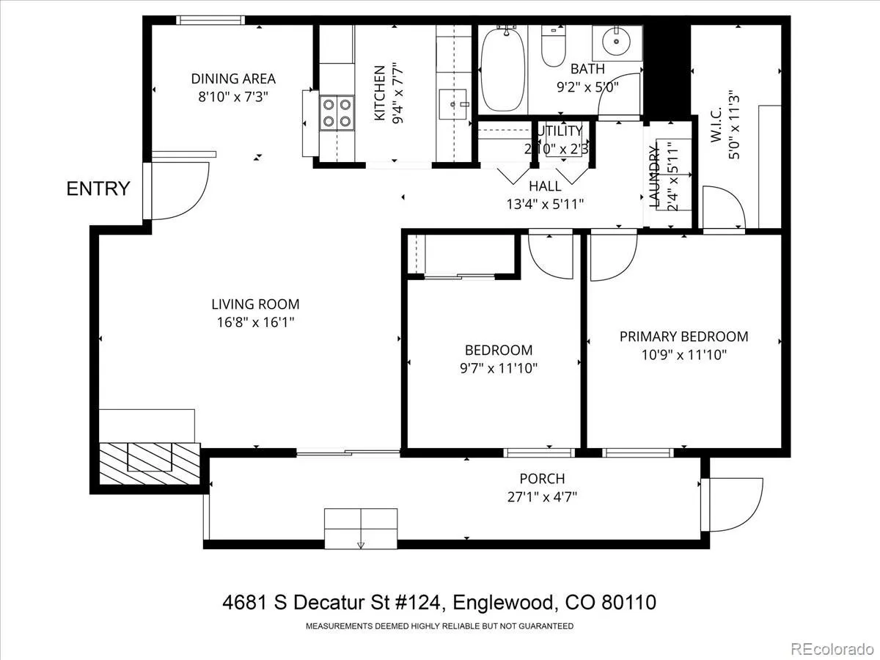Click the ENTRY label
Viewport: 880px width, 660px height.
(98, 188)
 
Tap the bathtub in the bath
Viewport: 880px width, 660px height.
(503, 70)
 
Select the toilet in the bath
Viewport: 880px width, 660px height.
(553, 45)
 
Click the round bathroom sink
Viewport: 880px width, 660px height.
(617, 42)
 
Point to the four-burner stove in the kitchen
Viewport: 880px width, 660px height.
(337, 113)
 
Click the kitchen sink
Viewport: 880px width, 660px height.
(453, 104)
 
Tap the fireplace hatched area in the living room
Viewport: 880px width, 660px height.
(150, 463)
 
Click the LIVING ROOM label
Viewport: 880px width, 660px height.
(255, 304)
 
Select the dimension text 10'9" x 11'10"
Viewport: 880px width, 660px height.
(684, 355)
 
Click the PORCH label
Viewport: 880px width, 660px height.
(542, 478)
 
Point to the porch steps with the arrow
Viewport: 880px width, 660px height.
(361, 529)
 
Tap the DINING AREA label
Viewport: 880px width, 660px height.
(233, 78)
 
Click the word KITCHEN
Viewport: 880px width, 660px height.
(379, 93)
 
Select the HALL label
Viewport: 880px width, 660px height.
(545, 186)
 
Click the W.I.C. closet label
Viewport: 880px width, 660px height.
(716, 124)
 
